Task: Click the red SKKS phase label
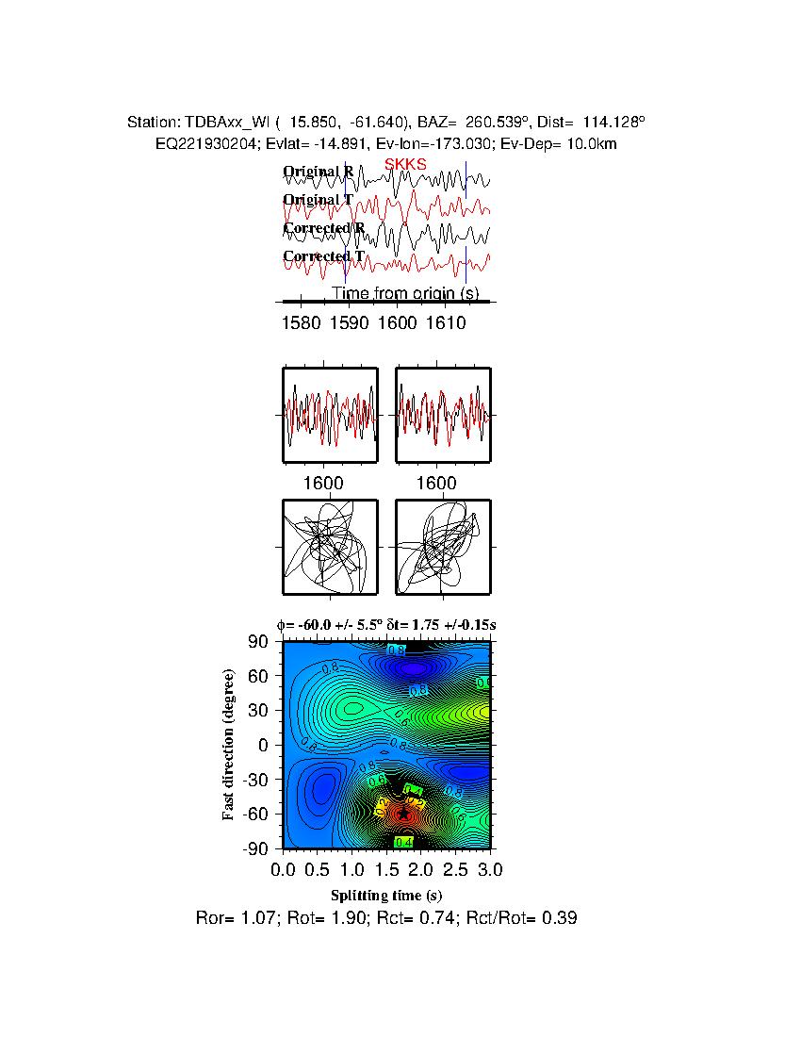pos(405,164)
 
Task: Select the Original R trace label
pos(319,172)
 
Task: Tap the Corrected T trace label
pos(323,256)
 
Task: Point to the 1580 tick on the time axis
pos(301,323)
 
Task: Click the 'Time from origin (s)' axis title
pos(404,293)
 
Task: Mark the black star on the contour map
pos(404,813)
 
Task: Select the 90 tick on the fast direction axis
pos(259,642)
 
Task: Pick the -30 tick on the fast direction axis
pos(255,780)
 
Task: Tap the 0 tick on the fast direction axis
pos(265,745)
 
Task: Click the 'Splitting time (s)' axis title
pos(386,895)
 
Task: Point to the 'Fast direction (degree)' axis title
pos(229,745)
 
